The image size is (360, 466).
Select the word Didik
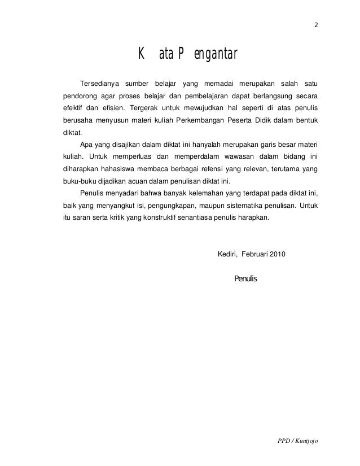[277, 120]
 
